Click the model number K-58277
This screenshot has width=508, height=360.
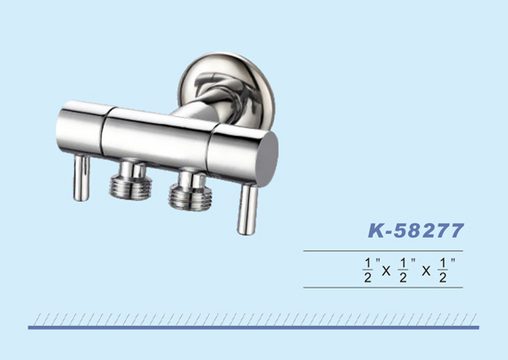point(416,230)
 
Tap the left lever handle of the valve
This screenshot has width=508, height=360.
point(81,178)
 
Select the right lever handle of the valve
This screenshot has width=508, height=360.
point(248,208)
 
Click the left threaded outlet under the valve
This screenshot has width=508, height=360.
point(130,180)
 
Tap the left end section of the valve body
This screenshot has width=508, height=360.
point(81,128)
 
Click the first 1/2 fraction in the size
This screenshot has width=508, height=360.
point(368,271)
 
